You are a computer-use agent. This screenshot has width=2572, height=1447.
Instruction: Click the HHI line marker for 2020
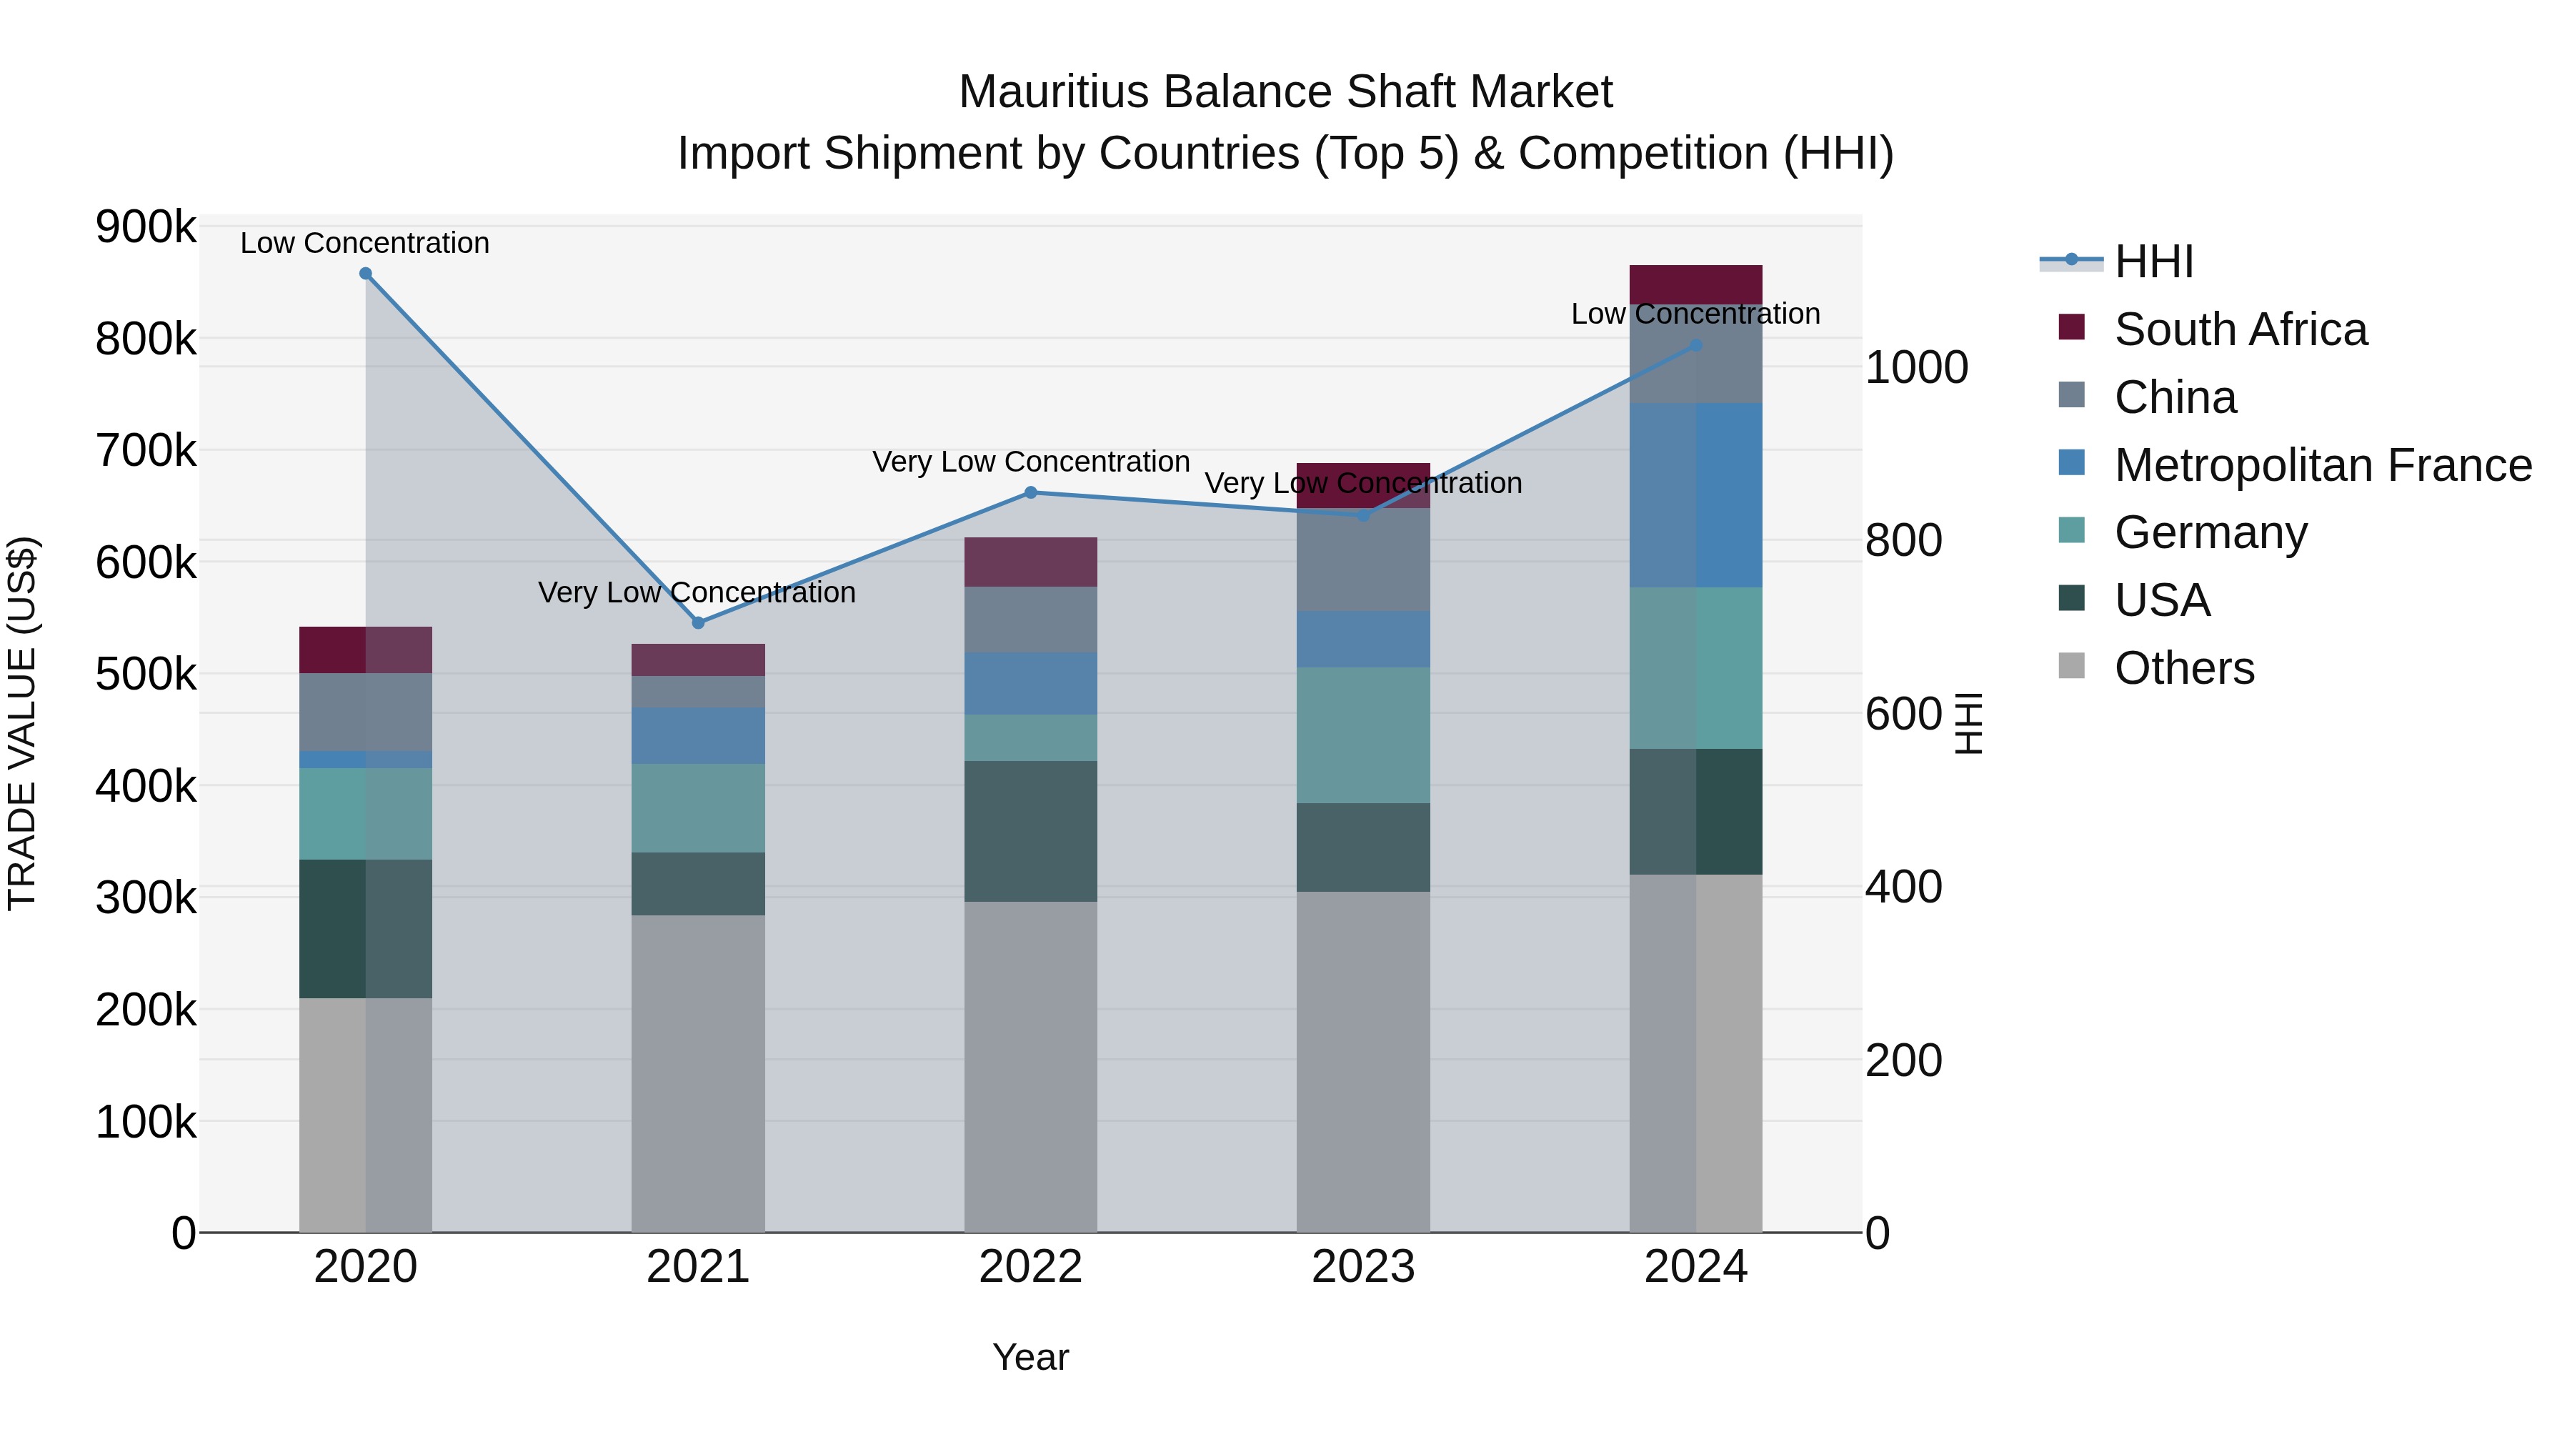coord(365,274)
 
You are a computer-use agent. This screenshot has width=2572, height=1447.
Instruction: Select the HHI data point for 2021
coord(698,623)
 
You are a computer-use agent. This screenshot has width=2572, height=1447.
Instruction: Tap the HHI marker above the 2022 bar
coord(1030,492)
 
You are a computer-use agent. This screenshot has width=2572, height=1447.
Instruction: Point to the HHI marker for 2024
coord(1695,346)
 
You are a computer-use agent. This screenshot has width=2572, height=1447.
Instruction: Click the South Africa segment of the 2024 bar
coord(1695,284)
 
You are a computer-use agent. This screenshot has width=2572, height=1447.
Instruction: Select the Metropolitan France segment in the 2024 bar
coord(1695,495)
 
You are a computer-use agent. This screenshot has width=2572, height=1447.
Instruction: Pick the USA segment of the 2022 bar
coord(1030,831)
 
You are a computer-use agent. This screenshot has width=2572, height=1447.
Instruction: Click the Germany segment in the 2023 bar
coord(1363,735)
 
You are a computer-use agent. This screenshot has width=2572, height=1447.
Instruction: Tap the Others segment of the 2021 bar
coord(698,1073)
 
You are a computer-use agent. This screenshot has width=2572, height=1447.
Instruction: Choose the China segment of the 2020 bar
coord(365,712)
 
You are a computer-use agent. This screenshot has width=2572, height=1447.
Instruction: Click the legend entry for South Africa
coord(2240,329)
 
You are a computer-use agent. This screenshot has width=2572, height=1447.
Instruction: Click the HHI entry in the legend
coord(2153,262)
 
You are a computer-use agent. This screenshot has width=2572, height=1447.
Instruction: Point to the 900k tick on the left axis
coord(146,228)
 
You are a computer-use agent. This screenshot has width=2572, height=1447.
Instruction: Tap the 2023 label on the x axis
coord(1363,1267)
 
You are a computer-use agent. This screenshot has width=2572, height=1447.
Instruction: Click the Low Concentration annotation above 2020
coord(364,243)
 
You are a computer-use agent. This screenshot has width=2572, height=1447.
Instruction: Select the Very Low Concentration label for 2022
coord(1030,462)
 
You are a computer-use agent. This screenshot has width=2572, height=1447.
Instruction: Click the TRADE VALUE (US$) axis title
coord(22,723)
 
